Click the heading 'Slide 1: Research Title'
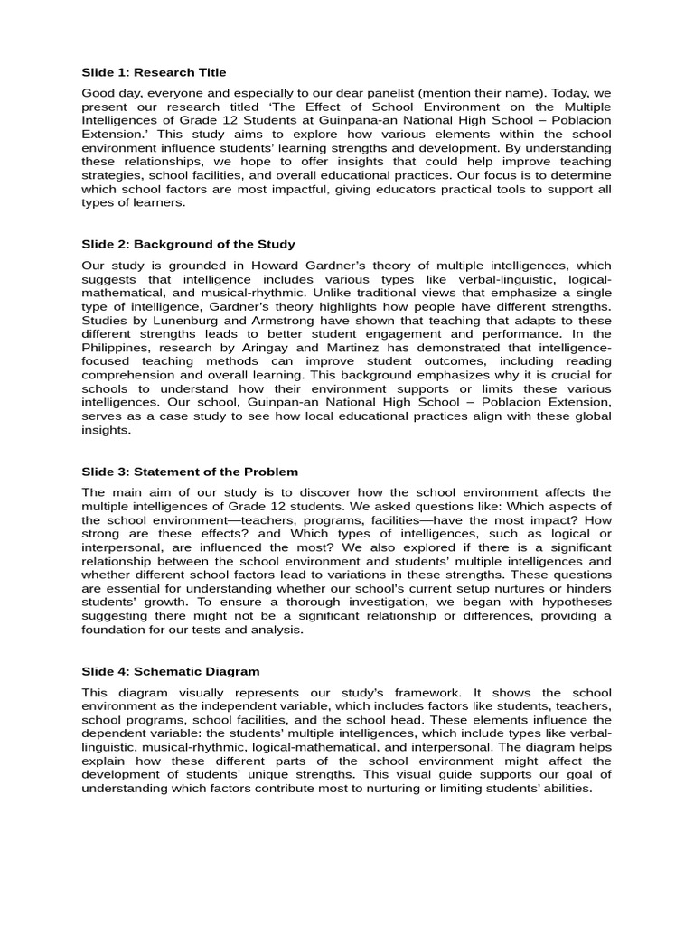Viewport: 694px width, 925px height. tap(155, 72)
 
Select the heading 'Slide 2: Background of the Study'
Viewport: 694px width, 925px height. tap(189, 244)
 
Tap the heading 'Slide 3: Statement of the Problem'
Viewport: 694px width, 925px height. tap(190, 472)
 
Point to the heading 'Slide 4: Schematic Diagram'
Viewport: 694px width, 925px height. tap(171, 671)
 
